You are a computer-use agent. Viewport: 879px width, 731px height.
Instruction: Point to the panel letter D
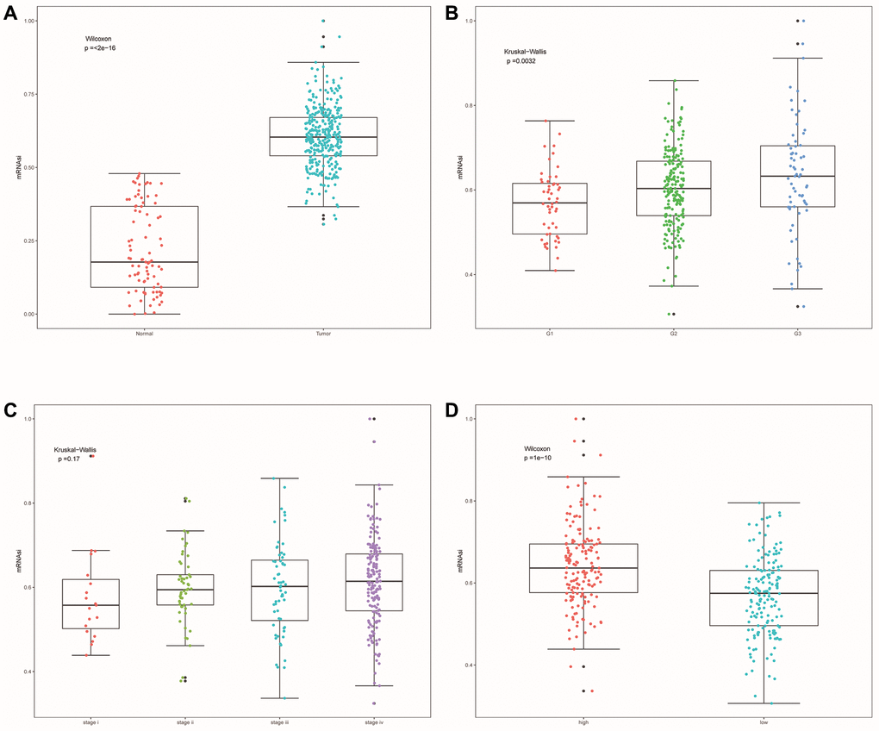pyautogui.click(x=449, y=409)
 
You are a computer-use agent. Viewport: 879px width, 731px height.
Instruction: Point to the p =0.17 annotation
pyautogui.click(x=69, y=459)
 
